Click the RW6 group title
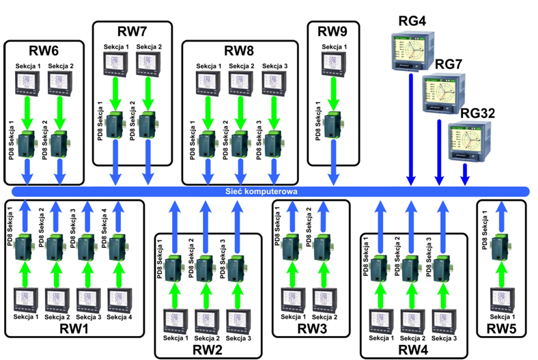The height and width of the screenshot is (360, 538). click(43, 51)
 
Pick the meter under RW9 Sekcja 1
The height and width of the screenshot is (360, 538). click(332, 64)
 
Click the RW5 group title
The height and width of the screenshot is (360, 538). click(502, 329)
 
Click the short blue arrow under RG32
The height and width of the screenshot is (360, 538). click(465, 176)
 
